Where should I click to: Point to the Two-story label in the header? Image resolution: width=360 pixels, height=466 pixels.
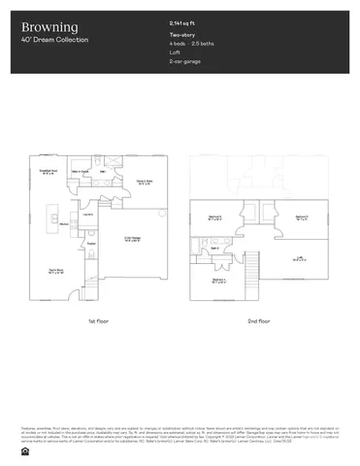coord(180,35)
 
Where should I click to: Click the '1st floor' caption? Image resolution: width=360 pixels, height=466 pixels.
coord(96,319)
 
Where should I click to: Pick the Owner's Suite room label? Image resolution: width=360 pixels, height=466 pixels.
coord(142,182)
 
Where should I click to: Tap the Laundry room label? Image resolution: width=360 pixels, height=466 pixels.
coord(87,215)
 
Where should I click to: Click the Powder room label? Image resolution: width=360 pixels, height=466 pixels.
coord(90,244)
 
